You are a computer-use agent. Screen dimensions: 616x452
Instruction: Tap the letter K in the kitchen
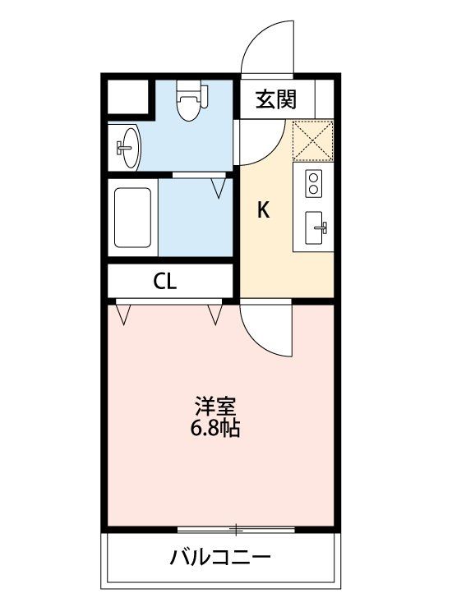pyautogui.click(x=263, y=210)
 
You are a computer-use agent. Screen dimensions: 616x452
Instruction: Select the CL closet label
pyautogui.click(x=164, y=282)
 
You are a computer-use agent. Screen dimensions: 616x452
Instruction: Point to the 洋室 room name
pyautogui.click(x=216, y=407)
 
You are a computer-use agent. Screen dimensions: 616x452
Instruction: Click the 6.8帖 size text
pyautogui.click(x=216, y=428)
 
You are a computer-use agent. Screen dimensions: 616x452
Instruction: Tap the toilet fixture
pyautogui.click(x=190, y=102)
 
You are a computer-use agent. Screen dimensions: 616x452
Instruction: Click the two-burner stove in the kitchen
pyautogui.click(x=313, y=182)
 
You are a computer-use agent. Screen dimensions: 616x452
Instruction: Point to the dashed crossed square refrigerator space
pyautogui.click(x=312, y=140)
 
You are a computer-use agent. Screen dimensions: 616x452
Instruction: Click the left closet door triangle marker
pyautogui.click(x=125, y=314)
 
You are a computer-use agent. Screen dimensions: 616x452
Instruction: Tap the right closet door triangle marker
pyautogui.click(x=217, y=313)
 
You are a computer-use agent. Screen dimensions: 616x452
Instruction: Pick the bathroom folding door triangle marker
pyautogui.click(x=219, y=187)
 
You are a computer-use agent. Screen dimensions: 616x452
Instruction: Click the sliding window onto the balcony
pyautogui.click(x=236, y=527)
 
